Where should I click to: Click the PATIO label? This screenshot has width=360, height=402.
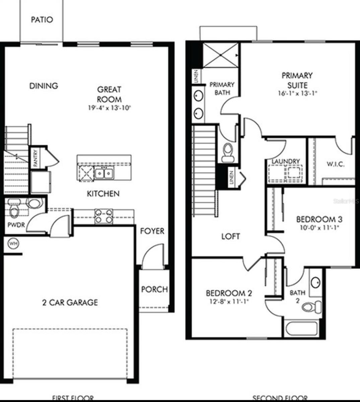click(42, 20)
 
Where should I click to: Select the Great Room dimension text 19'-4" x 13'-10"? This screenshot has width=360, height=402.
click(109, 108)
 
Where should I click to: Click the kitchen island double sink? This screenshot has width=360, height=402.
click(103, 173)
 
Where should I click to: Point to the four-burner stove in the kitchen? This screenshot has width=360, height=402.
click(104, 216)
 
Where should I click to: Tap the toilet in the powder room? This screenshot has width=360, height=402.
click(14, 211)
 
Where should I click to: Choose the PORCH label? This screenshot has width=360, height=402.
click(154, 289)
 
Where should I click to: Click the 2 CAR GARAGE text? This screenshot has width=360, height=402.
click(70, 303)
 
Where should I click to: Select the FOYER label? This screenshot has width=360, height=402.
click(152, 231)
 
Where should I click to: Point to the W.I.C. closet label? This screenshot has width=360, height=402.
click(335, 164)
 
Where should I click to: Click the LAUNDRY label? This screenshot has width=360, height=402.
click(286, 161)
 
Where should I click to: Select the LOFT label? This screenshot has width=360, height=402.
click(231, 237)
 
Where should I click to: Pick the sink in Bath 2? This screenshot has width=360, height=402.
click(315, 282)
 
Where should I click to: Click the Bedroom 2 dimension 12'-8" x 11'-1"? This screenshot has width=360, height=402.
click(229, 301)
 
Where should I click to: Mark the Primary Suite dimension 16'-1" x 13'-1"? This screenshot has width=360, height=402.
click(297, 93)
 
